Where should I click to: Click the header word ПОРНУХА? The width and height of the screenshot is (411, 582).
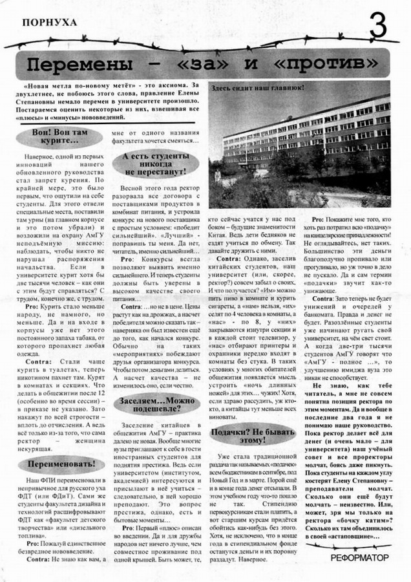pyautogui.click(x=49, y=22)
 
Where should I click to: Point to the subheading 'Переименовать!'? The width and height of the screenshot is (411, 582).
pyautogui.click(x=62, y=464)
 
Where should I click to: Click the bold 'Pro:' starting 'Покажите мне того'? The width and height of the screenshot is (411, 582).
pyautogui.click(x=322, y=220)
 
